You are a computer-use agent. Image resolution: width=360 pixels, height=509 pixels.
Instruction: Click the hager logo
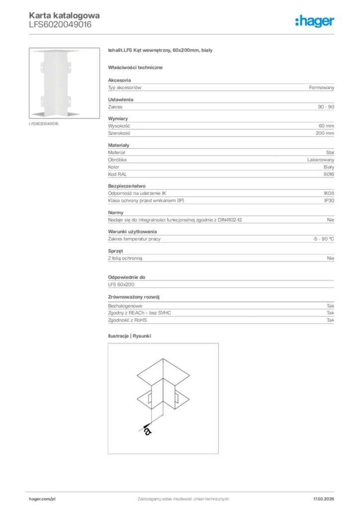click(314, 21)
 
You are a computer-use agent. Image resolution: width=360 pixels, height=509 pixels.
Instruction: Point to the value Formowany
click(321, 87)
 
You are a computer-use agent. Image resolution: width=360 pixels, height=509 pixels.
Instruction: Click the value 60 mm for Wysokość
click(326, 126)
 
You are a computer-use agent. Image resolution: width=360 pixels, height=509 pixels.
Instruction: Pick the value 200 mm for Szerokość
click(325, 133)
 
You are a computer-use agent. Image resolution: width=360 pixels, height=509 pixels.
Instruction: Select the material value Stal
click(330, 153)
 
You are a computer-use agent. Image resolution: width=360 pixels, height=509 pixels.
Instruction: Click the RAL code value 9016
click(329, 174)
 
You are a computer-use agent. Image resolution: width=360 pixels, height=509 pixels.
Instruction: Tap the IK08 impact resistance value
click(329, 193)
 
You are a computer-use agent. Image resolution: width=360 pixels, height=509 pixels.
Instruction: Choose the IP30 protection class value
click(329, 200)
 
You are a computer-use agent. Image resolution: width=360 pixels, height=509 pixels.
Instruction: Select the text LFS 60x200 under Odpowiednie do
click(121, 284)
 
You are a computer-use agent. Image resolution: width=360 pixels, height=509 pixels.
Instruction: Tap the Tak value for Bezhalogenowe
click(330, 306)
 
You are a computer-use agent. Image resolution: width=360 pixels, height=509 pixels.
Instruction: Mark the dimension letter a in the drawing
click(147, 430)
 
